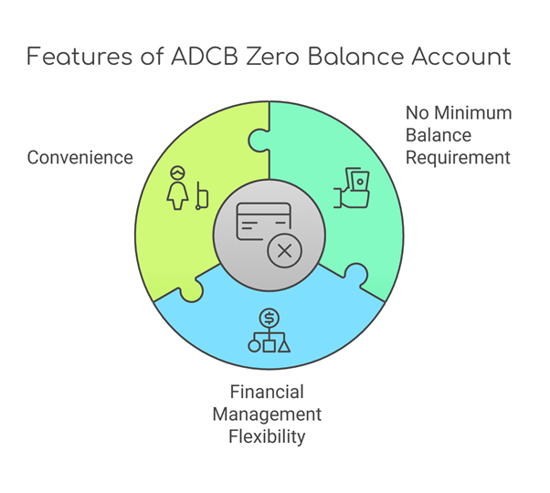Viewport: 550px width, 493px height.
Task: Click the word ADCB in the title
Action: (x=205, y=57)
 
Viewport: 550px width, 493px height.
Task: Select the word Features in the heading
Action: (x=79, y=57)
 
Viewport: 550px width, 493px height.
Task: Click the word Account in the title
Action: (x=461, y=57)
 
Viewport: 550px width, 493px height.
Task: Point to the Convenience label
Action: (x=80, y=157)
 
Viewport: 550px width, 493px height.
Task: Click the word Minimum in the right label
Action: (x=473, y=113)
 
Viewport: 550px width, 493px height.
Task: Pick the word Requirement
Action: (x=458, y=157)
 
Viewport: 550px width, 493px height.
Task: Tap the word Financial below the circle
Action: (x=267, y=392)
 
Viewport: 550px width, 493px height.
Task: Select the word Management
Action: (x=267, y=414)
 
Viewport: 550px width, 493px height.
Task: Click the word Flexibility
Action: (x=267, y=436)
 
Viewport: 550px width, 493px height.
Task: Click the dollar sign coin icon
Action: (x=269, y=318)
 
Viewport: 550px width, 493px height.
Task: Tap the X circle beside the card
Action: (x=284, y=251)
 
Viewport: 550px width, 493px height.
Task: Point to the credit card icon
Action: (x=264, y=222)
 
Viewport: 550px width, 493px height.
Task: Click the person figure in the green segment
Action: (x=177, y=188)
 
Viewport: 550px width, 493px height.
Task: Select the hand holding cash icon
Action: (x=351, y=188)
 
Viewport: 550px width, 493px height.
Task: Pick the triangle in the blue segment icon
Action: (x=284, y=346)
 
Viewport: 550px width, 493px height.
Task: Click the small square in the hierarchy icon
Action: (x=269, y=346)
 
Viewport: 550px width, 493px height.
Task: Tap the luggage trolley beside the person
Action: (x=202, y=196)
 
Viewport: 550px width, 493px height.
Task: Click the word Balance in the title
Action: (x=355, y=57)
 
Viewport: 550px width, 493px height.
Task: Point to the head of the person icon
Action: (x=177, y=173)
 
